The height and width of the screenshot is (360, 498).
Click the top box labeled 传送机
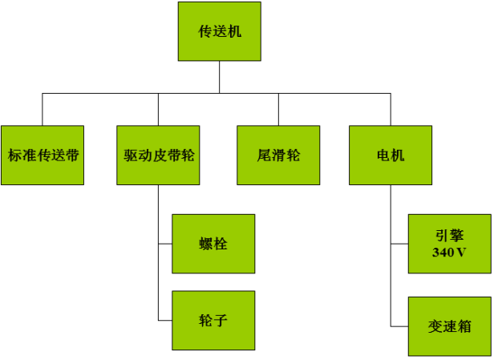tap(220, 31)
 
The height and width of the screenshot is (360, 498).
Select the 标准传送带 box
tap(43, 155)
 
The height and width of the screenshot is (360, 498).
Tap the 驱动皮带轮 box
tap(158, 155)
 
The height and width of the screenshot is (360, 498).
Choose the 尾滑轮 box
tap(278, 155)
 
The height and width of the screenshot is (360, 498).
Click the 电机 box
tap(391, 155)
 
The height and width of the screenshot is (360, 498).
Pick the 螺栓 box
tap(213, 244)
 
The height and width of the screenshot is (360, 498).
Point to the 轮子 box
tap(213, 321)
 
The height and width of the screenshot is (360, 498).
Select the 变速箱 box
tap(450, 326)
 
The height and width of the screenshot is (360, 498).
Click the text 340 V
tap(449, 253)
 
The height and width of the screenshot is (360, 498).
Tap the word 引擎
tap(449, 235)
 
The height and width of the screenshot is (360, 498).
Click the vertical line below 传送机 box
tap(220, 77)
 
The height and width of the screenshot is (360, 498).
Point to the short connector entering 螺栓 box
tap(165, 244)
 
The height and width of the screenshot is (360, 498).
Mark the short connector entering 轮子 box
tap(165, 321)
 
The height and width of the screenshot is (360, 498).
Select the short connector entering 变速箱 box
tap(399, 326)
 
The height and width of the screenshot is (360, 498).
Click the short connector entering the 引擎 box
tap(399, 244)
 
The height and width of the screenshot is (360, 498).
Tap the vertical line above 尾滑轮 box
tap(278, 110)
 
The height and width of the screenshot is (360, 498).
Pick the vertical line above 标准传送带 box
tap(43, 110)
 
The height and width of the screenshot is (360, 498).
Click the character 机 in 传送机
tap(234, 31)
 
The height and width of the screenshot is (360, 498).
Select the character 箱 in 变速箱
tap(464, 326)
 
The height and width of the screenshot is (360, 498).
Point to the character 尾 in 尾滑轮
tap(264, 156)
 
